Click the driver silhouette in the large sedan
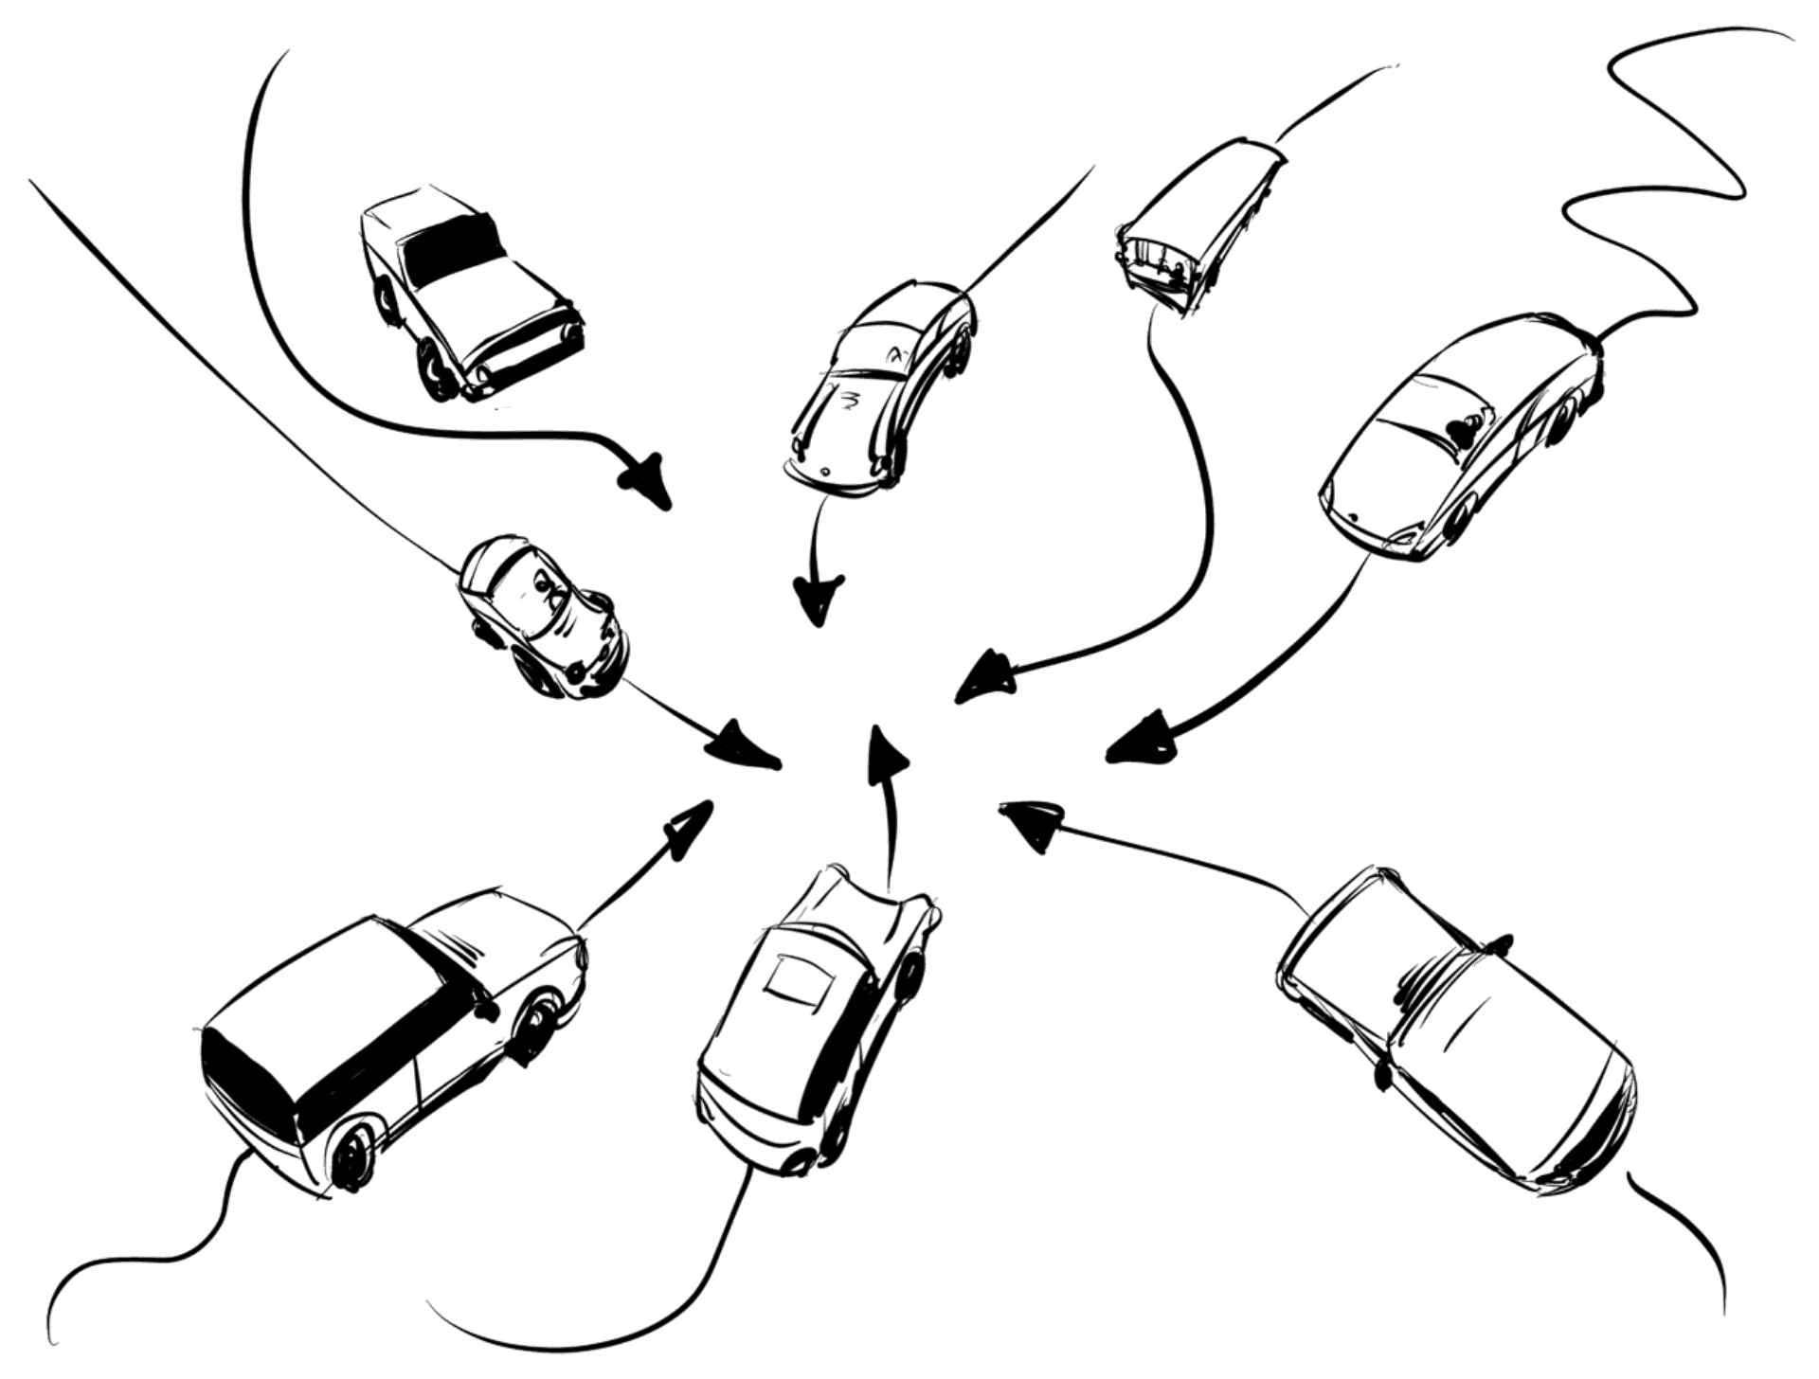click(x=1465, y=429)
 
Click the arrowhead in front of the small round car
click(x=746, y=745)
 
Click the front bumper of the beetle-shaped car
click(x=832, y=480)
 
